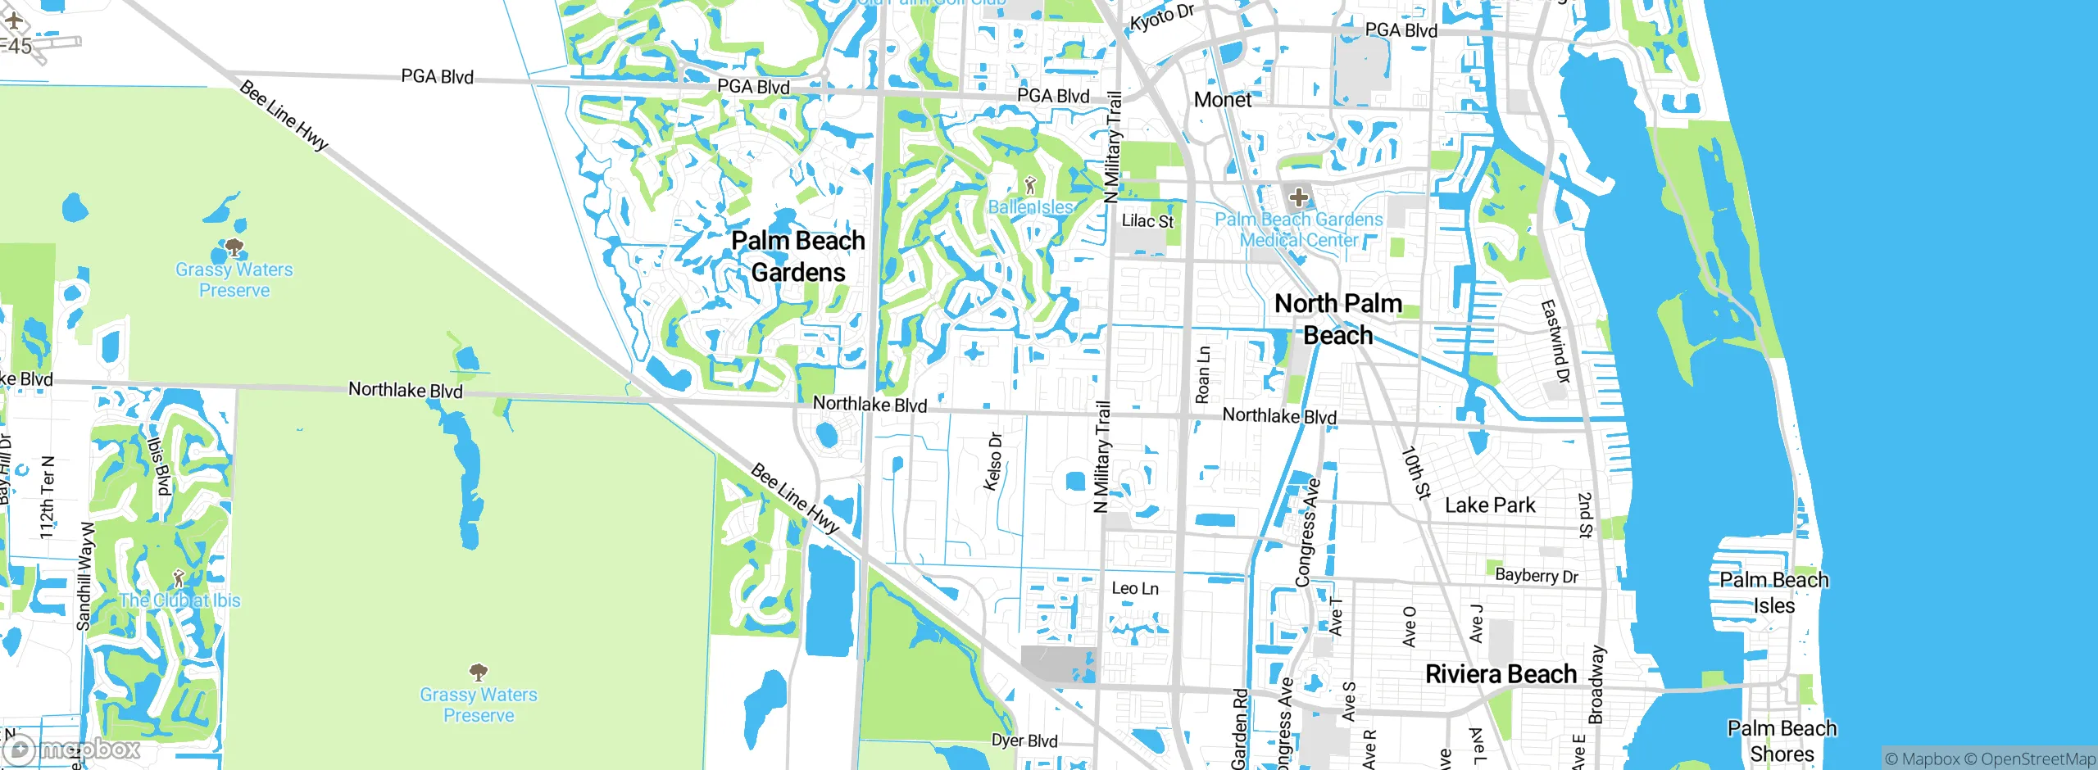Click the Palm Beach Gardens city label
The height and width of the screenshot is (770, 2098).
[x=798, y=256]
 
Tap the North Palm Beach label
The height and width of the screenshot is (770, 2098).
[x=1338, y=319]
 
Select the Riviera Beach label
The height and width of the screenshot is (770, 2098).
[x=1501, y=674]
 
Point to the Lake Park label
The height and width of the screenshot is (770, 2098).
[x=1490, y=505]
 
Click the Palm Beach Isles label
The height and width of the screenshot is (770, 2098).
[x=1774, y=592]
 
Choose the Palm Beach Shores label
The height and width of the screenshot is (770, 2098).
[x=1782, y=741]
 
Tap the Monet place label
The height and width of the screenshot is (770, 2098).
[x=1223, y=100]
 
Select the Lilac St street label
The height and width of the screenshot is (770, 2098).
[x=1147, y=221]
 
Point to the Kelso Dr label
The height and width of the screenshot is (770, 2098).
[x=993, y=462]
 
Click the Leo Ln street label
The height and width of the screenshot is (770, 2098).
[x=1135, y=588]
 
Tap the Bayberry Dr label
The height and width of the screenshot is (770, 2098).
[x=1537, y=575]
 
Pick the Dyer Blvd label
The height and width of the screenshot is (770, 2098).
[x=1024, y=741]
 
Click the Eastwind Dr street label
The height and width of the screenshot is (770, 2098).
[x=1555, y=342]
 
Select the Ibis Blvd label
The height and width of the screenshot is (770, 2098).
[x=158, y=465]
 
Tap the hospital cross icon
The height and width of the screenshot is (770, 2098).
[x=1298, y=197]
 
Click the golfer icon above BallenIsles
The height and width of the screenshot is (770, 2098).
[x=1030, y=185]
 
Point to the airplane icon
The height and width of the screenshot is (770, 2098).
[x=14, y=20]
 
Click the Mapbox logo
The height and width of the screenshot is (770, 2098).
[x=72, y=748]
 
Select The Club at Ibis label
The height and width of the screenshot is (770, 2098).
[x=180, y=600]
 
